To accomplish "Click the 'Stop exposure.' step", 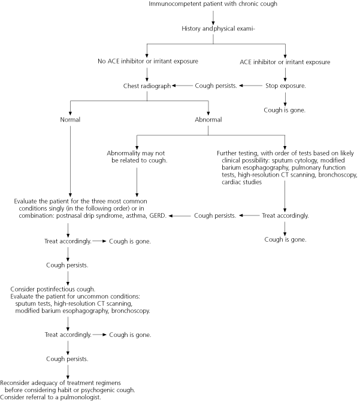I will click(286, 86).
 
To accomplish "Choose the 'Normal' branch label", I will click(70, 120).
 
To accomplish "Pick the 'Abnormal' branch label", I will click(208, 120).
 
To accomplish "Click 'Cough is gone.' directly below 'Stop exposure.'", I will click(286, 110).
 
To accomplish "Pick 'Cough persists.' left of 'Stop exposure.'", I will click(216, 86).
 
